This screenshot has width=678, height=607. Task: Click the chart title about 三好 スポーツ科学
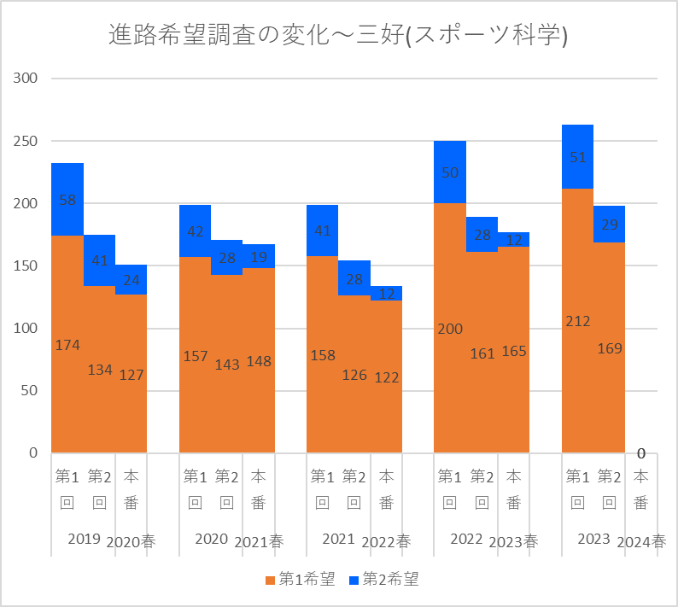[339, 35]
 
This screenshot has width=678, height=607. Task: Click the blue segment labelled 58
[67, 199]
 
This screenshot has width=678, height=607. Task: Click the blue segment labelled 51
[577, 156]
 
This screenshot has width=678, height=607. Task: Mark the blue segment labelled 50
[450, 172]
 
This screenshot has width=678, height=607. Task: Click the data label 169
[610, 348]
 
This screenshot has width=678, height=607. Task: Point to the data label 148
[259, 361]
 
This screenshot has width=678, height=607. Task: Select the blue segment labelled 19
[259, 256]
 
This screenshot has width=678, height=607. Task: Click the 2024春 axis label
[641, 541]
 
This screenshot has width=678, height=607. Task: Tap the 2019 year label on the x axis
[84, 540]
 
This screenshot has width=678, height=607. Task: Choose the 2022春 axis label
[386, 541]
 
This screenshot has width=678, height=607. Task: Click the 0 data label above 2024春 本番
[641, 453]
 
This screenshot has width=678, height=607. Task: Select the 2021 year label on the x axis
[338, 540]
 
